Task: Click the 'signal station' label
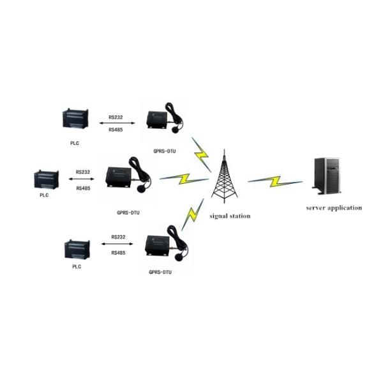pos(230,216)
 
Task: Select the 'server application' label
pos(334,207)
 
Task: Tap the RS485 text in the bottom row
pos(118,253)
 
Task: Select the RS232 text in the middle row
pos(83,172)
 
